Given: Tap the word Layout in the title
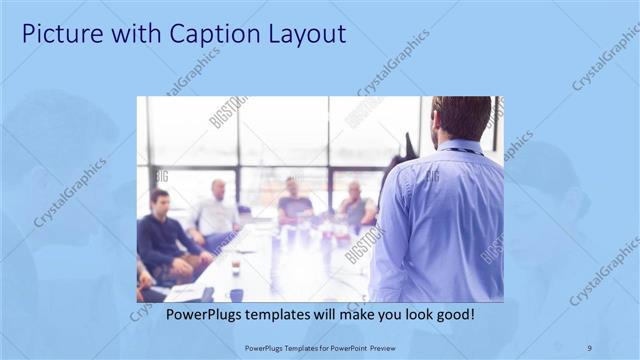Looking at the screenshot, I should point(304,34).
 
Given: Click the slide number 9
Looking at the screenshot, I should point(589,348).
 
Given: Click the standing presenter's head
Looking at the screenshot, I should point(462,118).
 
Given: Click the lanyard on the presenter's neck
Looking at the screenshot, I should point(462,151).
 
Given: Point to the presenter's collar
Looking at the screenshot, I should point(460,146).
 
